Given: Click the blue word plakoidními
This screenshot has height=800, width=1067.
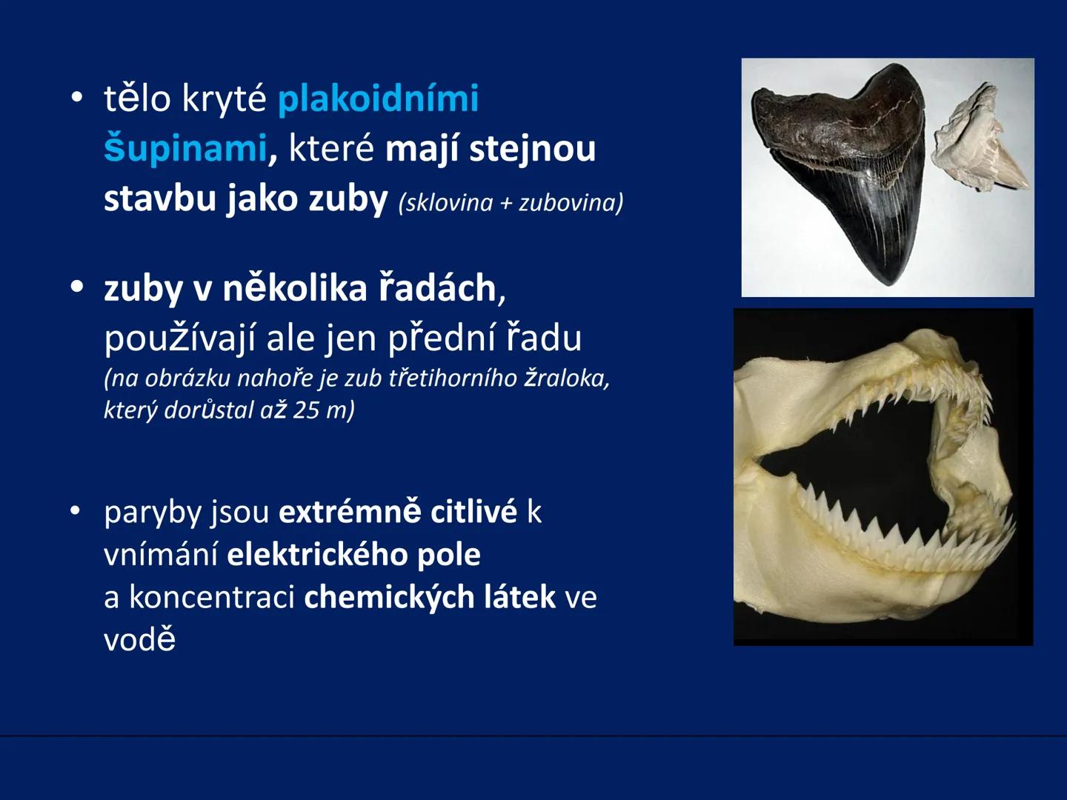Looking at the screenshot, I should click(378, 99).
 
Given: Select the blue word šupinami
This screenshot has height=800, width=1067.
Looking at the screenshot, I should click(185, 148).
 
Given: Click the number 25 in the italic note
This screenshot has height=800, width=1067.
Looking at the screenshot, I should click(305, 410).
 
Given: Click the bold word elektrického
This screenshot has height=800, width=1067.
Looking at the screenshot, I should click(318, 555).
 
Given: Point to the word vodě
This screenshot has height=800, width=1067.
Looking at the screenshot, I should click(140, 639).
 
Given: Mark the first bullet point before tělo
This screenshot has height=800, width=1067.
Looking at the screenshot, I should click(76, 99).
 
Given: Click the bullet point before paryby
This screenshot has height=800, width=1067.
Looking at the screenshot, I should click(75, 511).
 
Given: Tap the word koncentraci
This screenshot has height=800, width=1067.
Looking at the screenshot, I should click(212, 597).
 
